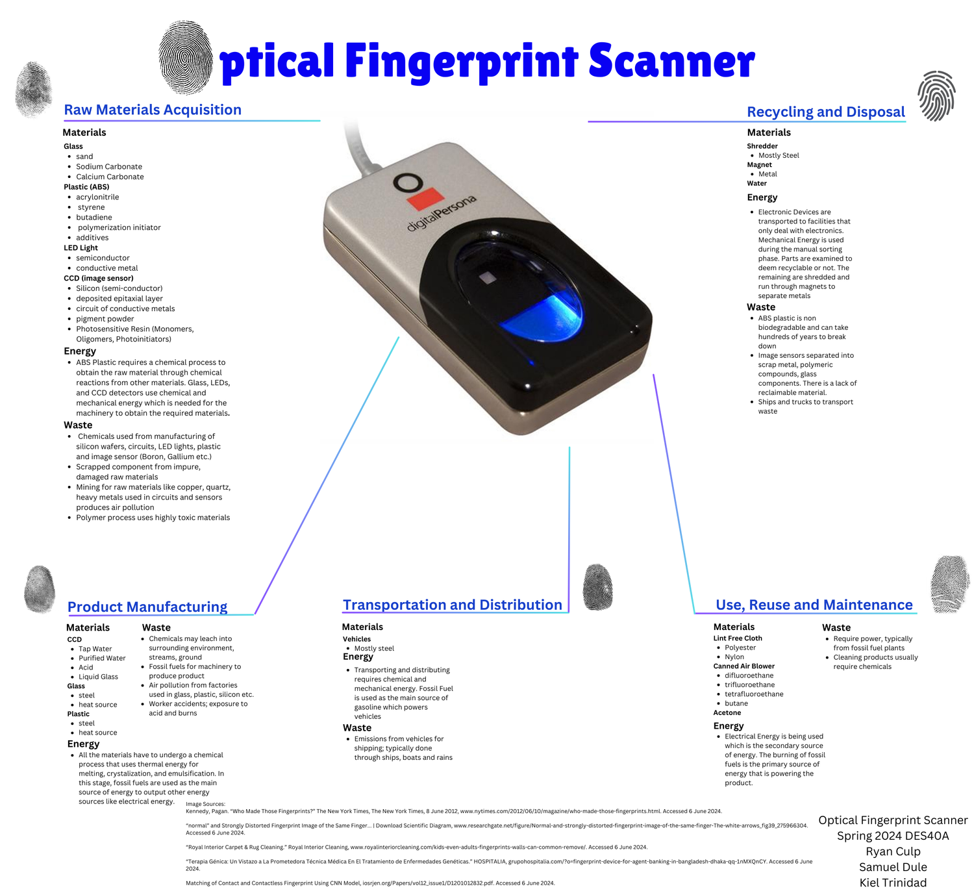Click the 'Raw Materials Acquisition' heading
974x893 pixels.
(153, 110)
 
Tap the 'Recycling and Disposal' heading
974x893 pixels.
(825, 112)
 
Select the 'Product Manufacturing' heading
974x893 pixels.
(147, 607)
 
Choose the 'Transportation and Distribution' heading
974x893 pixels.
(452, 605)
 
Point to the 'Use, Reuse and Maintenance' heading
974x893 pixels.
(814, 605)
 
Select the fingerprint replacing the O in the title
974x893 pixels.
(186, 57)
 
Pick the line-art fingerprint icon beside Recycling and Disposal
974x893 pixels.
(936, 95)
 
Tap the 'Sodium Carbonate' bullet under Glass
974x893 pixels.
(108, 166)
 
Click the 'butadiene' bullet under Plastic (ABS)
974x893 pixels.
(94, 217)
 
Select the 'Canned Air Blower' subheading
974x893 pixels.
(743, 666)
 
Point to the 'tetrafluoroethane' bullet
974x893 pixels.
(753, 694)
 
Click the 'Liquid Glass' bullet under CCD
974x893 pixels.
(98, 676)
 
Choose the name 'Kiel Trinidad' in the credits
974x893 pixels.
(893, 882)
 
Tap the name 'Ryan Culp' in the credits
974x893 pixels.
(893, 851)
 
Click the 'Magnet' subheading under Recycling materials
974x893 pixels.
(759, 164)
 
